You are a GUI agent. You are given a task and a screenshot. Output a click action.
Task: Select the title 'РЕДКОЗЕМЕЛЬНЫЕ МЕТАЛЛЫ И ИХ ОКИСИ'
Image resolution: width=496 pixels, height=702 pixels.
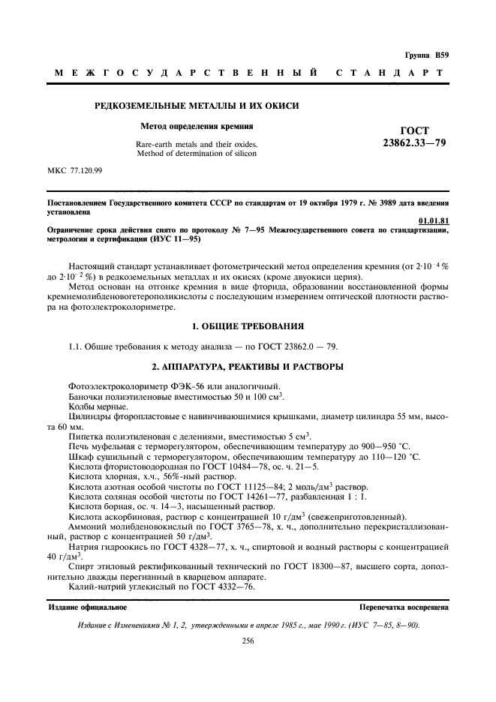click(197, 106)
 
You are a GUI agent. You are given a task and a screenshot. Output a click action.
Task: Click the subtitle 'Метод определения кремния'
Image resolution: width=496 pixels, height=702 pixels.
click(197, 126)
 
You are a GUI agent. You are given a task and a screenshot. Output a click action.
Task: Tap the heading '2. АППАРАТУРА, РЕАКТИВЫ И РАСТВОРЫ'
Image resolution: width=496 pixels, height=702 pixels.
click(248, 366)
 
